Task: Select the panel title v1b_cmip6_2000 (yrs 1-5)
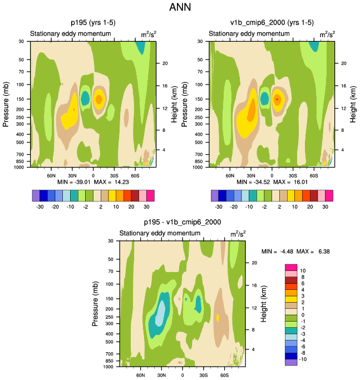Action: pyautogui.click(x=272, y=23)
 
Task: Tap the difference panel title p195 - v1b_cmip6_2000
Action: pyautogui.click(x=183, y=222)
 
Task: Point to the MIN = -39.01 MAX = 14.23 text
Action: pyautogui.click(x=92, y=182)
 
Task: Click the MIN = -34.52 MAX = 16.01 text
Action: pyautogui.click(x=272, y=182)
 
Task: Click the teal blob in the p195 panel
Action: pyautogui.click(x=85, y=98)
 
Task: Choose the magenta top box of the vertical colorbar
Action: pyautogui.click(x=291, y=270)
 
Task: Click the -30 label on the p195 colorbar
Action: pyautogui.click(x=38, y=205)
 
